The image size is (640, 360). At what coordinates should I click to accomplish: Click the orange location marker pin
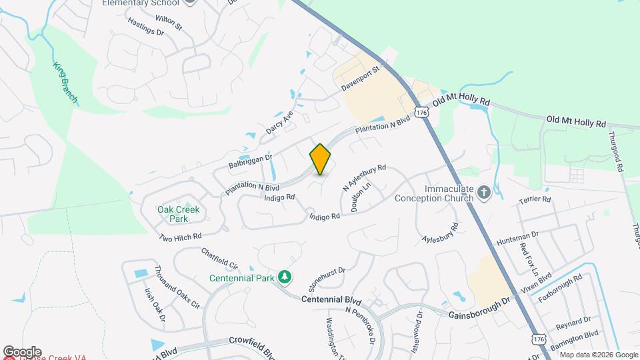[320, 159]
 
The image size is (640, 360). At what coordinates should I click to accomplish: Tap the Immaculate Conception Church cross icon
[485, 193]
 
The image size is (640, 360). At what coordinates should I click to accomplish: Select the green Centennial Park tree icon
[285, 277]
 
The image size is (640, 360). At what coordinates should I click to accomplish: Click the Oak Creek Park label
[178, 213]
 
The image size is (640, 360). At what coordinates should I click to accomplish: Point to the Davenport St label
[360, 78]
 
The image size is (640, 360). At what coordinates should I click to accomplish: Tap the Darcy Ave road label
[279, 123]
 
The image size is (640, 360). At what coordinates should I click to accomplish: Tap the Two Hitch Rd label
[180, 237]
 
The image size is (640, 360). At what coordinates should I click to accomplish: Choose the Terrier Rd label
[537, 199]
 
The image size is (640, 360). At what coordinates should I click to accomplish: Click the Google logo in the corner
[22, 351]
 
